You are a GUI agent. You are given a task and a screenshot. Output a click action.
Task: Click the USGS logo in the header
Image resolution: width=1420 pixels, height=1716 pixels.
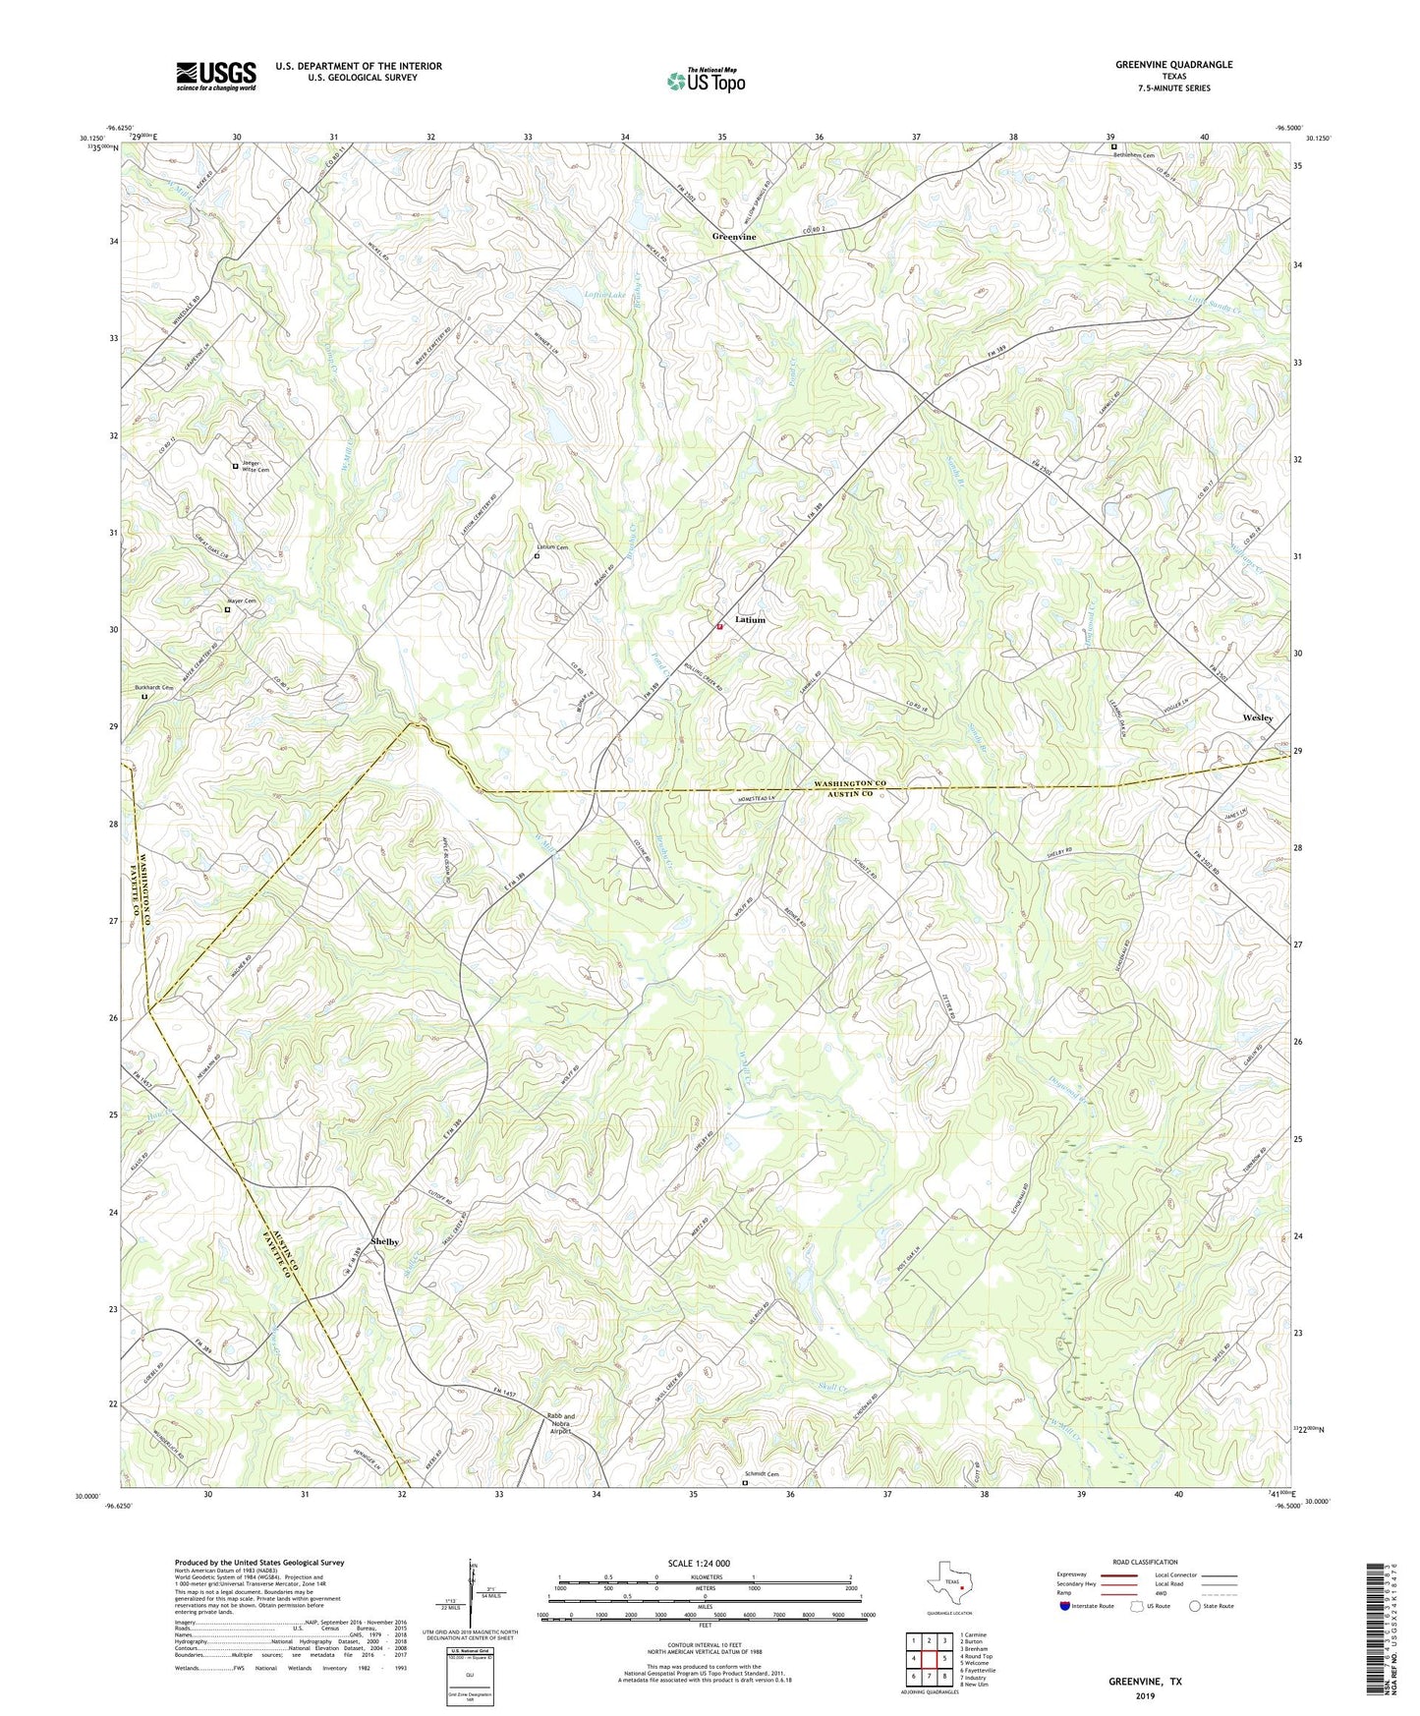pyautogui.click(x=216, y=76)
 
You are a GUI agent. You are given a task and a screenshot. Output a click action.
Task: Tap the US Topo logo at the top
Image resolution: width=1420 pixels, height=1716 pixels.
pyautogui.click(x=705, y=81)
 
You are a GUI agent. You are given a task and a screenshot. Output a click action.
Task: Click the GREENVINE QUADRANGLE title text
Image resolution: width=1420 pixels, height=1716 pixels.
pyautogui.click(x=1173, y=65)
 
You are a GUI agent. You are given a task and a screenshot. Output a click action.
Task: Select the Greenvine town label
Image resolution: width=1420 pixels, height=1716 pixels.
pyautogui.click(x=734, y=238)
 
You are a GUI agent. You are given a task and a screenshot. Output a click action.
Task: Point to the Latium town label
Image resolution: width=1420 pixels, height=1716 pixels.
pyautogui.click(x=750, y=620)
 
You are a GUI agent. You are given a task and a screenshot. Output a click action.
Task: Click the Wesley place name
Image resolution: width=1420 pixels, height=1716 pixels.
pyautogui.click(x=1257, y=717)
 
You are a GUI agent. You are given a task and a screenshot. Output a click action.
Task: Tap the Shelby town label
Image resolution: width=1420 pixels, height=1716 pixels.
pyautogui.click(x=385, y=1241)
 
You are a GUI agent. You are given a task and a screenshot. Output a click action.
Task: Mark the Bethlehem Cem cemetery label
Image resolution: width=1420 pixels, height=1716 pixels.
pyautogui.click(x=1138, y=155)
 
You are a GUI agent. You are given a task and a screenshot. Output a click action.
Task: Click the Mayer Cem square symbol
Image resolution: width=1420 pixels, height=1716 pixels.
pyautogui.click(x=227, y=609)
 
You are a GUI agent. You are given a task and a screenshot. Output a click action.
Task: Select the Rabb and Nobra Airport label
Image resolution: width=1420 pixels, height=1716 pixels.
pyautogui.click(x=561, y=1424)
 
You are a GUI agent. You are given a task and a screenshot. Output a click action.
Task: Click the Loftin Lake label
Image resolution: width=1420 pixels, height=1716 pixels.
pyautogui.click(x=604, y=295)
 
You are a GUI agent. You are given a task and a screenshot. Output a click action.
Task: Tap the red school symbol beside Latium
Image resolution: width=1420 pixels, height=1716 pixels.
pyautogui.click(x=719, y=625)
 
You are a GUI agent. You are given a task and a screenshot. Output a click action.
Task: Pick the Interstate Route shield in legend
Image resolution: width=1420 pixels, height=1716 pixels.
pyautogui.click(x=1066, y=1606)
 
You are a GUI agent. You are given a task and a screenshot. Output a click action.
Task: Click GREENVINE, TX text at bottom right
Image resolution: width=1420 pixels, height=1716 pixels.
pyautogui.click(x=1145, y=1682)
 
